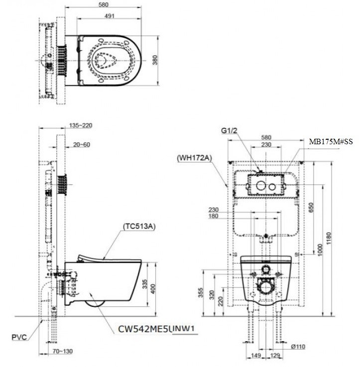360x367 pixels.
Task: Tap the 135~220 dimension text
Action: pyautogui.click(x=81, y=125)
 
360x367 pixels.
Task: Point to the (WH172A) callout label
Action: pyautogui.click(x=195, y=158)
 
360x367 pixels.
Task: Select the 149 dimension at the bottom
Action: pyautogui.click(x=257, y=356)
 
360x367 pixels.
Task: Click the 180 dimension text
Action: pyautogui.click(x=214, y=216)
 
